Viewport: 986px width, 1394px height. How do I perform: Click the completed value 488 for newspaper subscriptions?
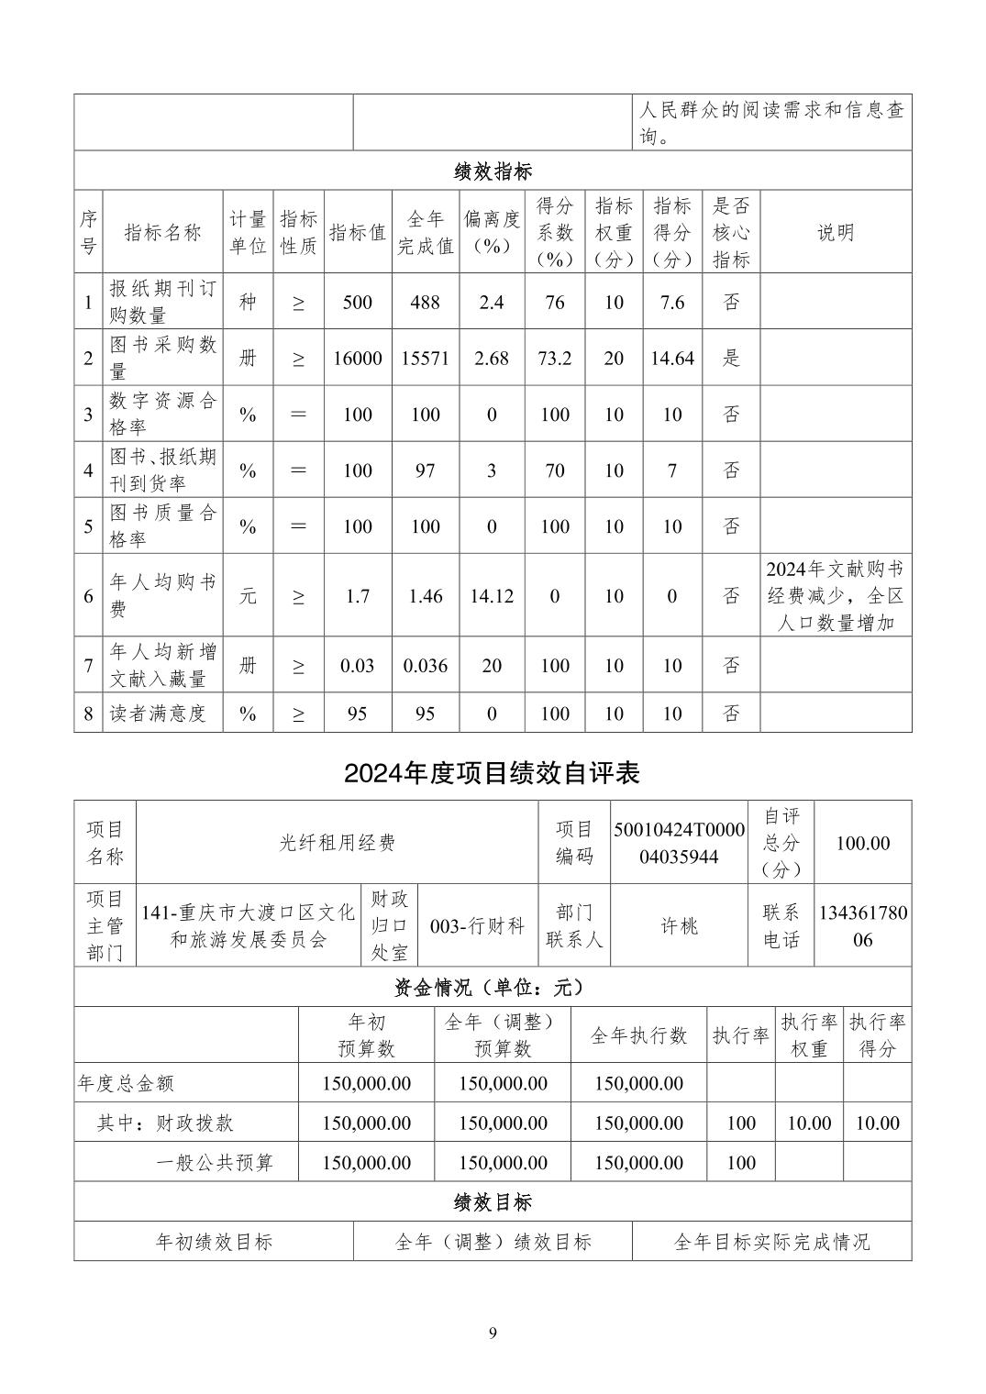coord(425,302)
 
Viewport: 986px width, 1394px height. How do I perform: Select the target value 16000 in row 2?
coord(357,358)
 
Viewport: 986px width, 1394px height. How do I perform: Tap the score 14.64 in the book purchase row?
coord(672,358)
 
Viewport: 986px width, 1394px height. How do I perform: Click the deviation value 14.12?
coord(492,596)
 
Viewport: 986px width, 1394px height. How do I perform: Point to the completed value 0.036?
coord(425,666)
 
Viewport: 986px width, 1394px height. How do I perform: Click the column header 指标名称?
coord(162,232)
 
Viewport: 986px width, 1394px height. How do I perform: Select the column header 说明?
coord(836,232)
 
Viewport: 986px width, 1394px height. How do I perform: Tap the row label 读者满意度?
coord(158,714)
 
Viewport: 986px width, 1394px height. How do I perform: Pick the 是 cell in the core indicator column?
coord(731,358)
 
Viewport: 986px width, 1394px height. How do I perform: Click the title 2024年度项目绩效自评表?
coord(493,773)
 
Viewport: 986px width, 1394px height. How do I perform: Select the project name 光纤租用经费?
coord(337,843)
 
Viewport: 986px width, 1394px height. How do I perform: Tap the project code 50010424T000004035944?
coord(679,843)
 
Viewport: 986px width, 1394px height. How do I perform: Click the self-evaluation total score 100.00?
coord(862,843)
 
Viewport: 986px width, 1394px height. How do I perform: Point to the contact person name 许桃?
coord(679,926)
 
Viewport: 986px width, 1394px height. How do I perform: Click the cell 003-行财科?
coord(477,926)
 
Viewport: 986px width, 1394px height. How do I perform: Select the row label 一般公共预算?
coord(215,1163)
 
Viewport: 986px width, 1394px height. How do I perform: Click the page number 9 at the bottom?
coord(493,1333)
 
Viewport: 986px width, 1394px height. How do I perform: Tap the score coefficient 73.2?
coord(554,358)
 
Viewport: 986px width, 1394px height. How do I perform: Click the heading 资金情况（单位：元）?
coord(493,988)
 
